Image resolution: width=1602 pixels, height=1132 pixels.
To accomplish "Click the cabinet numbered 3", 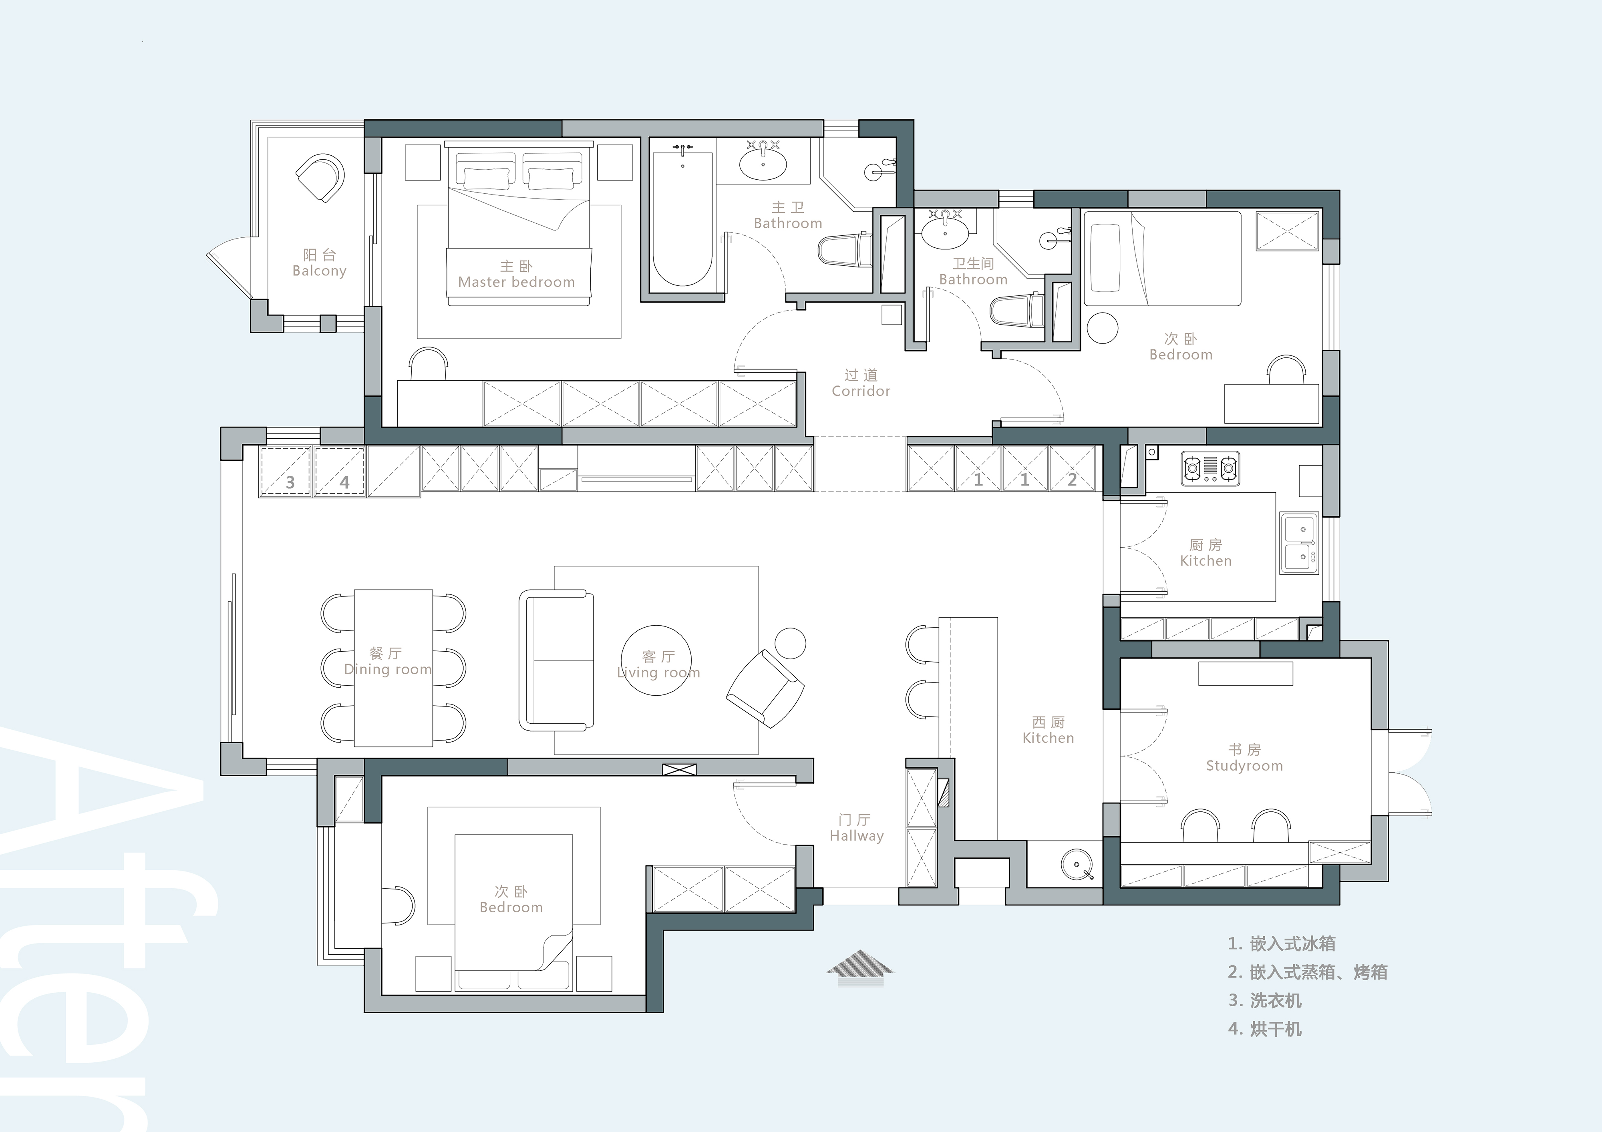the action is (286, 472).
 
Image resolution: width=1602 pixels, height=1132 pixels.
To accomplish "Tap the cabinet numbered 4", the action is (340, 472).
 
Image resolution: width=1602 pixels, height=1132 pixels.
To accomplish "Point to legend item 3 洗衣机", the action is (1265, 1000).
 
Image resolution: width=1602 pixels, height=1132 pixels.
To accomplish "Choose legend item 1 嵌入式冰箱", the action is (1282, 944).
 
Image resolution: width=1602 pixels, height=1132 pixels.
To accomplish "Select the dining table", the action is (394, 668).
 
